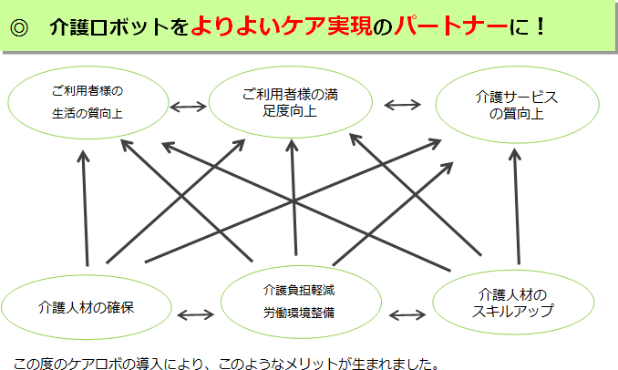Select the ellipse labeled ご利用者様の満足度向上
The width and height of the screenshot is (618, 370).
291,102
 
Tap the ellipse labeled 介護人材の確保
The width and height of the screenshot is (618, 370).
81,305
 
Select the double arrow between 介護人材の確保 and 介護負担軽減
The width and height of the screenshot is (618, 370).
195,315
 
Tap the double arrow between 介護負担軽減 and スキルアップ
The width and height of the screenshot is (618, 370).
407,315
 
